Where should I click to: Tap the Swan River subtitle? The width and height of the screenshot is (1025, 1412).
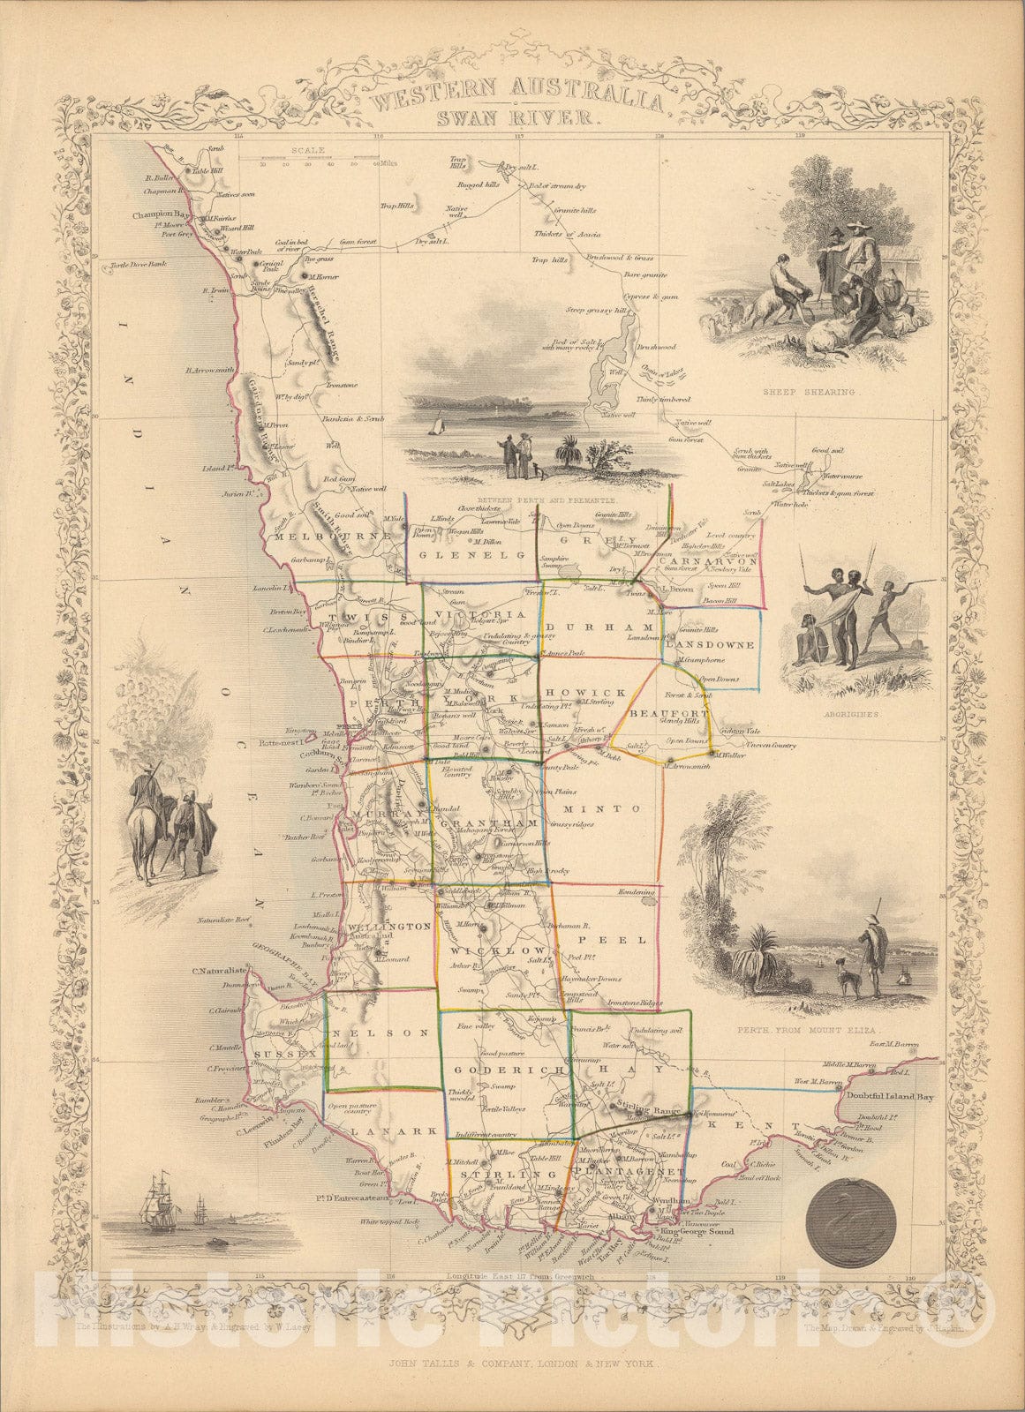coord(518,116)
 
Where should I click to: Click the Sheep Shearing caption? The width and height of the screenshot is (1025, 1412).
coord(801,389)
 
